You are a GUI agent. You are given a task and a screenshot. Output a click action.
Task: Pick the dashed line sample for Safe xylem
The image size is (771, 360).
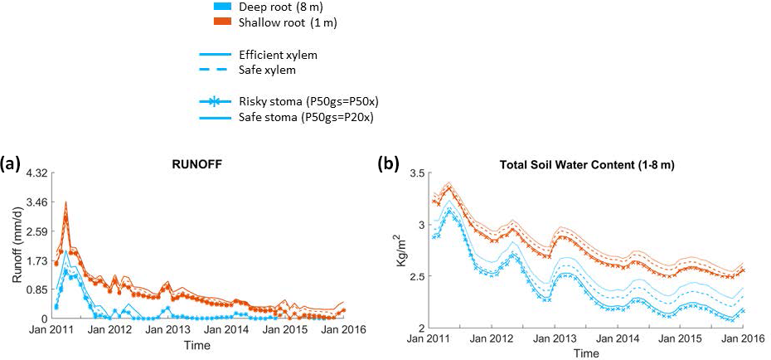coord(215,70)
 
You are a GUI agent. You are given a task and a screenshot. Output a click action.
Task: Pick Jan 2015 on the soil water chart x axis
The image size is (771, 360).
coord(679,338)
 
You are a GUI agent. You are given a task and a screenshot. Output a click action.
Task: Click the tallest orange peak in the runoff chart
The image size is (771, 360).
coord(65,202)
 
